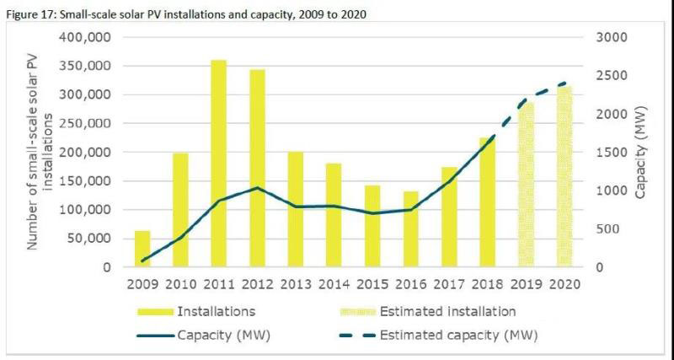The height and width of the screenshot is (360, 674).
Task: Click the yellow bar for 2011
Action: click(x=219, y=164)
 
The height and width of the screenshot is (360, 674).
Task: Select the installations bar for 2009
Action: click(x=142, y=249)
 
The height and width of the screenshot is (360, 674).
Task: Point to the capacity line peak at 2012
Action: click(x=257, y=188)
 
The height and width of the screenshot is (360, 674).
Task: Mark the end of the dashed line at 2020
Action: click(x=563, y=83)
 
